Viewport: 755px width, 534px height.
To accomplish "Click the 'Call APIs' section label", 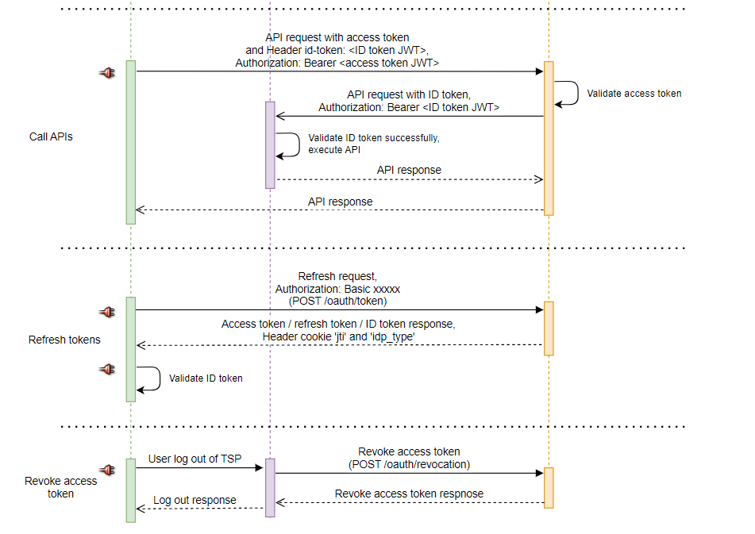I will coord(52,136).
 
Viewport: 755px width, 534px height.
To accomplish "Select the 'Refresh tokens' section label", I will coord(64,340).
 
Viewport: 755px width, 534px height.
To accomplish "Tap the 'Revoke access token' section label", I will coord(61,487).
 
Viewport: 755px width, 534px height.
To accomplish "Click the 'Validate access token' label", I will coord(634,94).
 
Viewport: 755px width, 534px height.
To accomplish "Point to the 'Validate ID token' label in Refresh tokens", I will coord(206,378).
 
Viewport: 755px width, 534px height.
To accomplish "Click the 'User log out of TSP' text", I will coord(195,459).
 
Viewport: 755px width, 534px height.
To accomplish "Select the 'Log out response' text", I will coord(195,500).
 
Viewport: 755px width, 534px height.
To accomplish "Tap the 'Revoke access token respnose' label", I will coord(409,494).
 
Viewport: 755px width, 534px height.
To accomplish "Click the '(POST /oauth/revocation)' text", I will coord(409,464).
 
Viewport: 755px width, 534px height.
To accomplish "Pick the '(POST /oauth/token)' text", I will coord(337,302).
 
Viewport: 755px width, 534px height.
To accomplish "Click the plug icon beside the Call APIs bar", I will coord(107,73).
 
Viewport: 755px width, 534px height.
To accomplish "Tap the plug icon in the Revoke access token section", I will coord(107,470).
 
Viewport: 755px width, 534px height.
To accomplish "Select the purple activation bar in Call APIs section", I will coord(270,144).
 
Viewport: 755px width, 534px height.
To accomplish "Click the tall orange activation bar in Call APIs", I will coord(549,138).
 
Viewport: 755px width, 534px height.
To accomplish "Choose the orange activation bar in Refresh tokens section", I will coord(549,328).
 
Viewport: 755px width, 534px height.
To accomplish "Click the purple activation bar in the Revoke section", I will coord(270,487).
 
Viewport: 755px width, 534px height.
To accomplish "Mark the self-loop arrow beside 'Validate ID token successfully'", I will coord(291,144).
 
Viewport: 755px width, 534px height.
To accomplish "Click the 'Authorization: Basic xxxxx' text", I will coord(337,289).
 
